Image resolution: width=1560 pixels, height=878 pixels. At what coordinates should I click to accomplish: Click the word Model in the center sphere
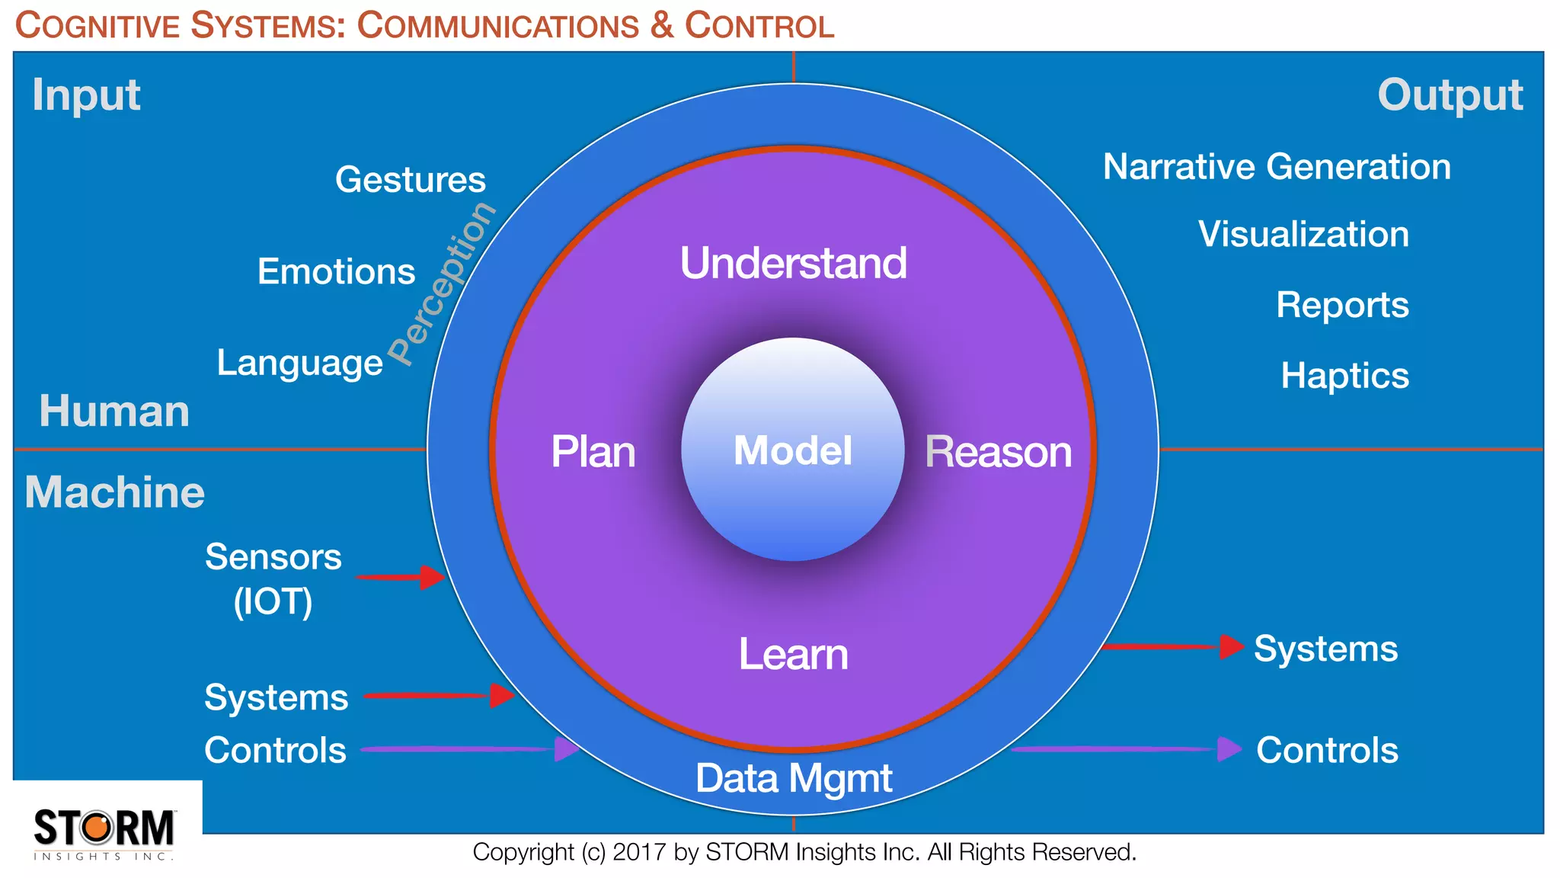[x=792, y=450]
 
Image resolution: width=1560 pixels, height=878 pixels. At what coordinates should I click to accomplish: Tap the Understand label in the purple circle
[x=793, y=264]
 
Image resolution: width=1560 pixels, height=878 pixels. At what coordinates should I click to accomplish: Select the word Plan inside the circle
[x=593, y=452]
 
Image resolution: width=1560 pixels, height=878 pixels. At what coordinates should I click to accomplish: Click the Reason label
[x=998, y=452]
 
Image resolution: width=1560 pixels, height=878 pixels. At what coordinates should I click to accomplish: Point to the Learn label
[x=793, y=655]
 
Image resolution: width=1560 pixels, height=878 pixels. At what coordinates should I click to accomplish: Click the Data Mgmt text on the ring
[x=793, y=779]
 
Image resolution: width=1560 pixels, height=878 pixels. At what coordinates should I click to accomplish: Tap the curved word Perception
[x=442, y=284]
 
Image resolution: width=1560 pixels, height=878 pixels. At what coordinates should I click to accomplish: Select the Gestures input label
[x=410, y=180]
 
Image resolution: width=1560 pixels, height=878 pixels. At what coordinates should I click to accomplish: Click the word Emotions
[x=336, y=272]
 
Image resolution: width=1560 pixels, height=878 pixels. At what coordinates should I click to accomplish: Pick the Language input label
[x=299, y=363]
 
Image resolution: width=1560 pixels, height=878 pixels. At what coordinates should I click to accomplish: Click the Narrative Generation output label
[x=1277, y=167]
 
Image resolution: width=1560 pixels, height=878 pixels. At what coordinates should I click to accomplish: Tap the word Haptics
[x=1344, y=376]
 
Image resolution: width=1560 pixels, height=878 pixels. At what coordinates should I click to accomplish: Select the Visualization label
[x=1303, y=234]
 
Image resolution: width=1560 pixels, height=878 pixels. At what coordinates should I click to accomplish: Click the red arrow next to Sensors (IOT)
[x=401, y=577]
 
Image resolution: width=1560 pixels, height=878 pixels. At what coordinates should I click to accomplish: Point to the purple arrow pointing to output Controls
[x=1127, y=749]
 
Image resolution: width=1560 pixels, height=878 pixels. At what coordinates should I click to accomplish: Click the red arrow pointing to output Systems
[x=1173, y=647]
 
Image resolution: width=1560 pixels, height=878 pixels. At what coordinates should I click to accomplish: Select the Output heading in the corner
[x=1450, y=95]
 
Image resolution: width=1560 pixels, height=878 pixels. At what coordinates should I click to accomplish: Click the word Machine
[x=114, y=492]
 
